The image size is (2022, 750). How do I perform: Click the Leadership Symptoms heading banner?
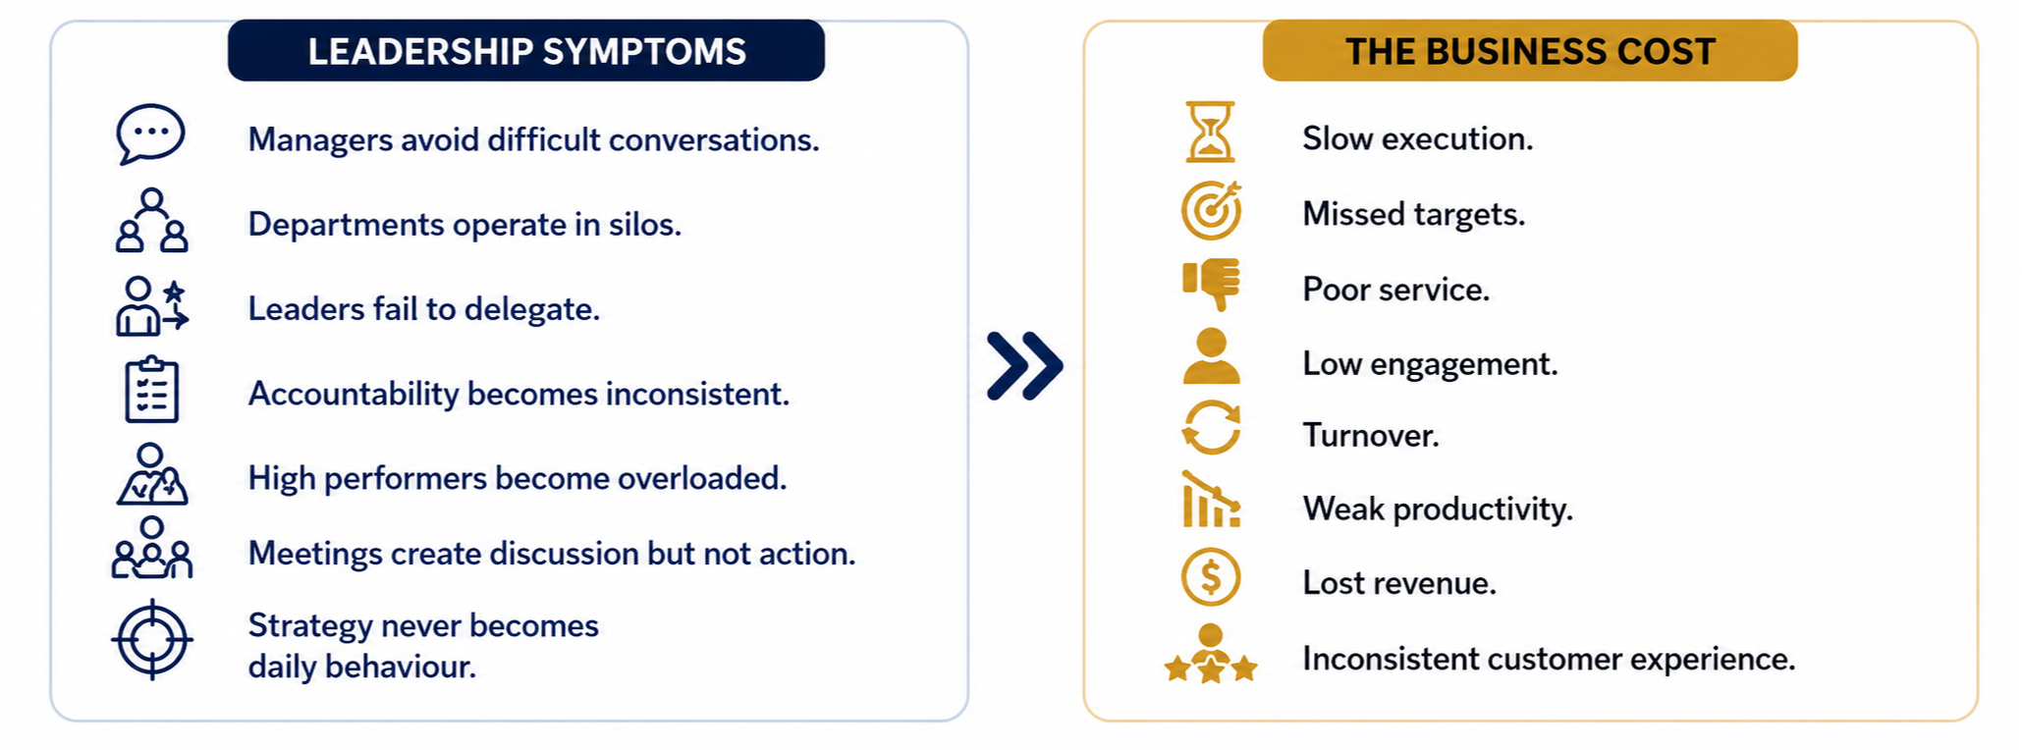tap(526, 50)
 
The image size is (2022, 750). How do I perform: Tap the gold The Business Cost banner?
tap(1530, 50)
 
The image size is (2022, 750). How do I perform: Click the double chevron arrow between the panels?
tap(1024, 366)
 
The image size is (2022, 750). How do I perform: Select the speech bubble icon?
tap(150, 134)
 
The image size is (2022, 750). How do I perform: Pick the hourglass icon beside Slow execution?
tap(1211, 132)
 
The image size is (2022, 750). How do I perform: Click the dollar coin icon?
tap(1211, 577)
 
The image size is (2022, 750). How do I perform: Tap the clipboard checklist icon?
tap(152, 390)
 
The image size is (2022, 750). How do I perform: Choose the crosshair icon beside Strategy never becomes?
tap(152, 639)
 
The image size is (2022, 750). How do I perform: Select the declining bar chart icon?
tap(1212, 500)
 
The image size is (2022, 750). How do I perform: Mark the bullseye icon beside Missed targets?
tap(1212, 210)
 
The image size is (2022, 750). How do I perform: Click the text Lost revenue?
tap(1399, 583)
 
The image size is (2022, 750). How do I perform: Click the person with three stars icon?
tap(1211, 654)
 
